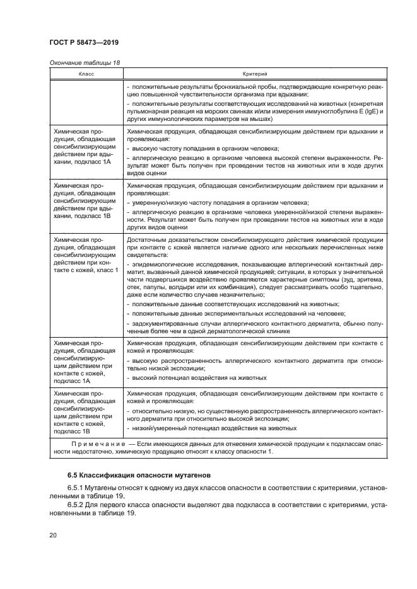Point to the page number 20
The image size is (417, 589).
point(54,535)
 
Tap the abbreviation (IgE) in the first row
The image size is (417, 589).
point(356,111)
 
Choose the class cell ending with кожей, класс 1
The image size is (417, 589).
point(86,255)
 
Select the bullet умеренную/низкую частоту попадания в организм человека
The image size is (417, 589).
point(220,203)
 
